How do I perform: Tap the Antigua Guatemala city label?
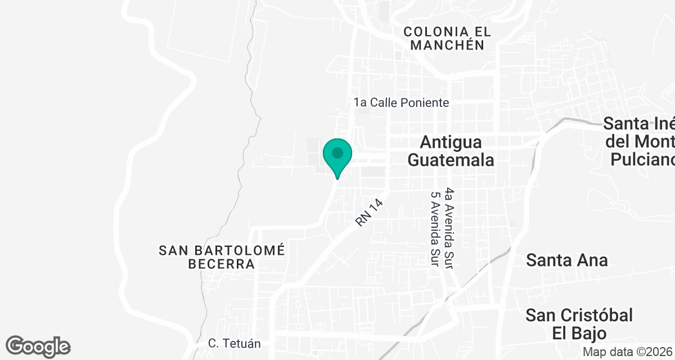pyautogui.click(x=451, y=150)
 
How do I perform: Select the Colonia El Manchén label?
pyautogui.click(x=448, y=38)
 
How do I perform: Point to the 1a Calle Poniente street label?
pyautogui.click(x=401, y=102)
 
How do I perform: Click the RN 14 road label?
pyautogui.click(x=369, y=213)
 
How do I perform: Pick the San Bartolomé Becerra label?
pyautogui.click(x=222, y=256)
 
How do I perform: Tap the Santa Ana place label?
pyautogui.click(x=566, y=260)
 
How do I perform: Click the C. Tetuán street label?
pyautogui.click(x=234, y=343)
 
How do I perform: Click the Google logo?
pyautogui.click(x=38, y=346)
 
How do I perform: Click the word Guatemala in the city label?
pyautogui.click(x=451, y=160)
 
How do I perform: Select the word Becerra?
pyautogui.click(x=222, y=264)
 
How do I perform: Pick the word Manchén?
pyautogui.click(x=448, y=46)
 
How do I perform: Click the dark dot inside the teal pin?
pyautogui.click(x=337, y=152)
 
